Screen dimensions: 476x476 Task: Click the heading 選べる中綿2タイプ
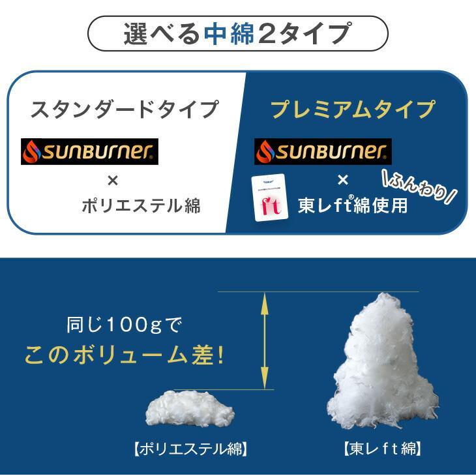click(237, 33)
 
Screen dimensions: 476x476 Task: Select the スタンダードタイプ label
click(125, 109)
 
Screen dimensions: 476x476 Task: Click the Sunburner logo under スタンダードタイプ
click(90, 151)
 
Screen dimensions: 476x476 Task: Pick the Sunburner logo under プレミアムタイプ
click(323, 151)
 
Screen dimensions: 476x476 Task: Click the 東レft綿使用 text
click(353, 205)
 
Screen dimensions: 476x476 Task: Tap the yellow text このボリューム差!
click(124, 355)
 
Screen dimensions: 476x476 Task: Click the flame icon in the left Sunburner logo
click(31, 151)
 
